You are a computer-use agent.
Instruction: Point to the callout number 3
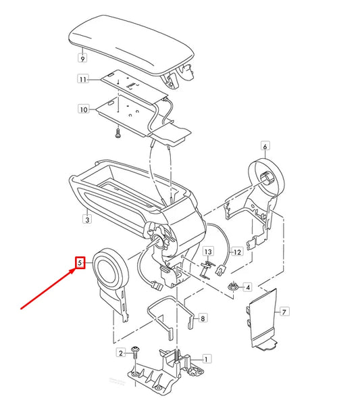[x=87, y=219]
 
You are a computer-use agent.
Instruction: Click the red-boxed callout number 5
[x=80, y=262]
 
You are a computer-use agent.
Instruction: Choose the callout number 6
[x=265, y=146]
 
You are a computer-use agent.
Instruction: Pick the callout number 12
[x=236, y=252]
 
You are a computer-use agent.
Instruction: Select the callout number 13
[x=208, y=251]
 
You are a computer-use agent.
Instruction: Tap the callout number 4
[x=248, y=287]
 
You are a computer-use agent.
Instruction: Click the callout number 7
[x=284, y=312]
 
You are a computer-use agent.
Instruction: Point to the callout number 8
[x=203, y=317]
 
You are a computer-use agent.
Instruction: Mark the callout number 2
[x=122, y=353]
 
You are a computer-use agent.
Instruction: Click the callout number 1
[x=207, y=360]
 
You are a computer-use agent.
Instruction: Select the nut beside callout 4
[x=233, y=287]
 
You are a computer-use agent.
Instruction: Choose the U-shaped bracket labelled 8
[x=170, y=318]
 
